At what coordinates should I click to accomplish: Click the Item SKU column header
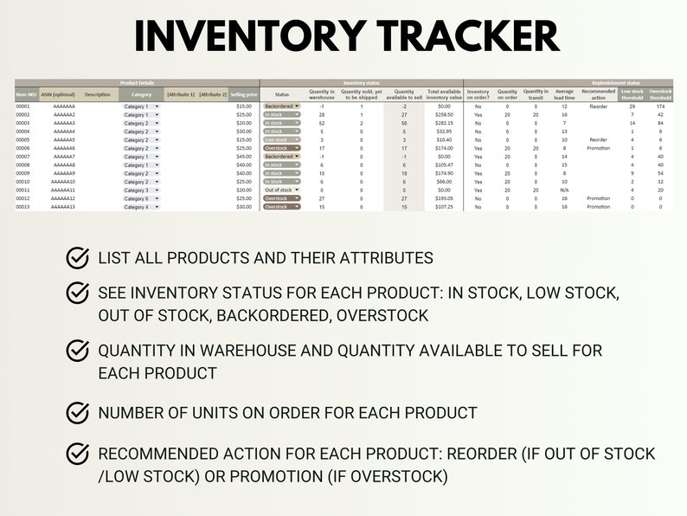click(27, 94)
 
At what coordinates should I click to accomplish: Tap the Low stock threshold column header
click(632, 94)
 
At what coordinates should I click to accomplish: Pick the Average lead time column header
click(563, 94)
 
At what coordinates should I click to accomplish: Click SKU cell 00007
click(23, 157)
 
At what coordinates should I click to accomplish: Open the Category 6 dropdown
click(140, 198)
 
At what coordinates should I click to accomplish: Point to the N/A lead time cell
click(563, 190)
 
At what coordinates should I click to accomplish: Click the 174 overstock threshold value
click(660, 106)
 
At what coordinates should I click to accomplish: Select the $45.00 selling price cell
click(245, 157)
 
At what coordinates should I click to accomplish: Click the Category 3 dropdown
click(140, 190)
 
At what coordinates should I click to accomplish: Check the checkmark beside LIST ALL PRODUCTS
click(78, 257)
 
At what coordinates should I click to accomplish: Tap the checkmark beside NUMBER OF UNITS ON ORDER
click(78, 412)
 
